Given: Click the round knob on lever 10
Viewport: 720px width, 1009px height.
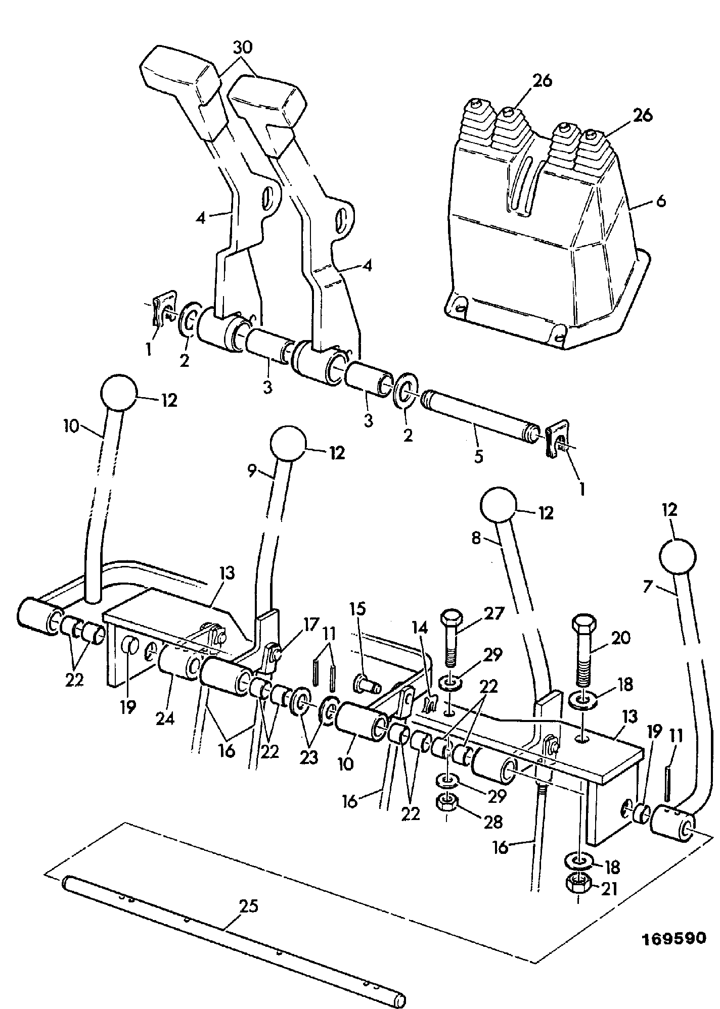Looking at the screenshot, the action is tap(119, 393).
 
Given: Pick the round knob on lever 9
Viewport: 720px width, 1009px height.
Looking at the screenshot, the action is tap(289, 444).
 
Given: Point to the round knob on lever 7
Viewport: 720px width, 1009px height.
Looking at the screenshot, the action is tap(678, 556).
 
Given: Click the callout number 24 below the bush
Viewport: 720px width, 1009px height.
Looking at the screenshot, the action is tap(165, 718).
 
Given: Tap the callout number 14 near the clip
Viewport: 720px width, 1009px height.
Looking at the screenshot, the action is tap(420, 628).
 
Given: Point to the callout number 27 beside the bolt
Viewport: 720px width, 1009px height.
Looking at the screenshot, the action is tap(493, 614).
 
